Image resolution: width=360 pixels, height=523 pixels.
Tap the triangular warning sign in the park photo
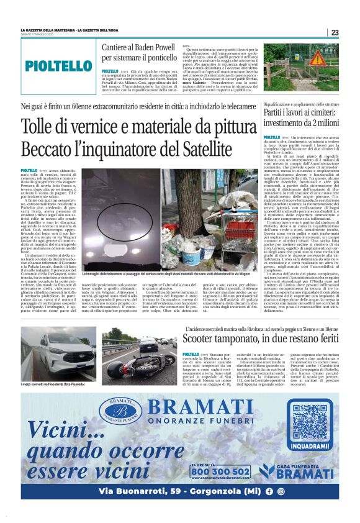(317, 59)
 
